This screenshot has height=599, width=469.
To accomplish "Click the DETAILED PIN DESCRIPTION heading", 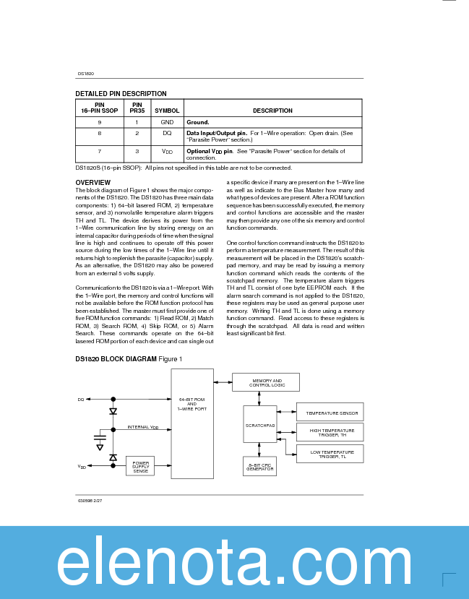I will [121, 93].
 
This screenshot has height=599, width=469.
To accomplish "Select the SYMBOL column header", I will [167, 111].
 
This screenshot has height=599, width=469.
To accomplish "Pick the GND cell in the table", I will [167, 123].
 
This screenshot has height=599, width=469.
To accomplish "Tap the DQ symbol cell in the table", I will [167, 134].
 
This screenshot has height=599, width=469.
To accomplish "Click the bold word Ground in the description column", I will [198, 123].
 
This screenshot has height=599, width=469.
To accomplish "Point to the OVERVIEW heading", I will [93, 182].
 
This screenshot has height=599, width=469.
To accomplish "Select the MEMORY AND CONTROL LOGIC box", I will [266, 382].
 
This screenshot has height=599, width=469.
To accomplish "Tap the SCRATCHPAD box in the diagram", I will [259, 426].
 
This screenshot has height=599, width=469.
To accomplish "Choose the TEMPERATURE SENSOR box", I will [330, 413].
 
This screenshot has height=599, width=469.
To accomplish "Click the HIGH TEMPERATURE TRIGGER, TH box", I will [330, 433].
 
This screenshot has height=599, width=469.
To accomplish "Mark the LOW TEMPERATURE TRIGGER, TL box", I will [330, 454].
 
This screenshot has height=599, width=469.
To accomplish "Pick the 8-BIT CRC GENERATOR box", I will [259, 467].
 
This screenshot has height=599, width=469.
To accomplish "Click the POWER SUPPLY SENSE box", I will [140, 467].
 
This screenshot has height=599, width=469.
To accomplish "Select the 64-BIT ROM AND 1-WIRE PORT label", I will [192, 404].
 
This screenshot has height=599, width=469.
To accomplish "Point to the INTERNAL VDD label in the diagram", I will [143, 427].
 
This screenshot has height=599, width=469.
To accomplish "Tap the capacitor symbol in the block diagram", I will [100, 439].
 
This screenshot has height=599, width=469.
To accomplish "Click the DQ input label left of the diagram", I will [80, 399].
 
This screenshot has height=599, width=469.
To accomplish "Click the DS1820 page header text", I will [86, 74].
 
